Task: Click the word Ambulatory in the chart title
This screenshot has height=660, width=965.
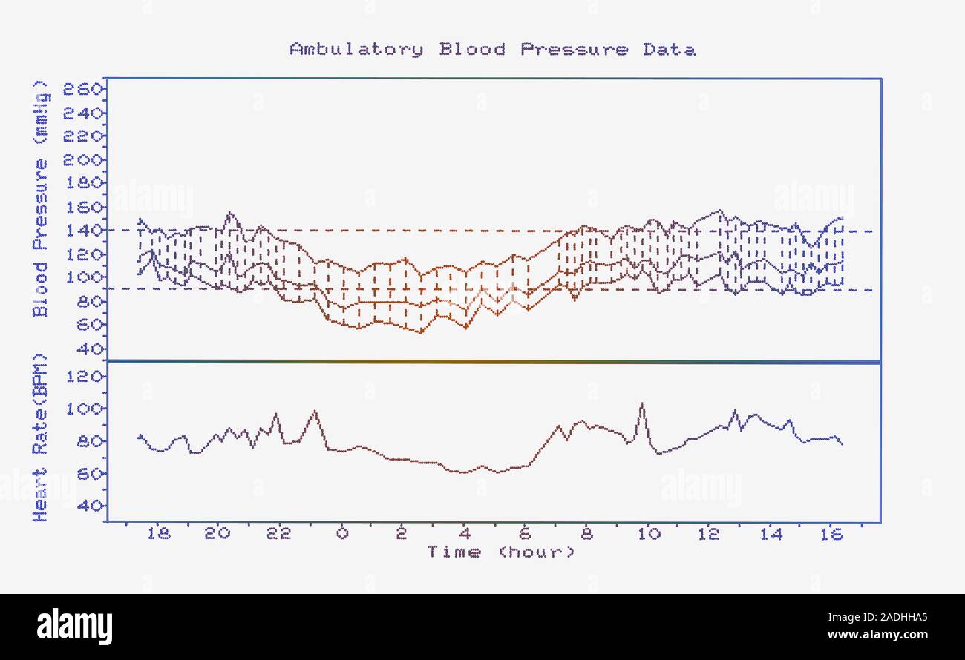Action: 356,50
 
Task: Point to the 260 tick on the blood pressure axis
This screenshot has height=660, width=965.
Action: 83,90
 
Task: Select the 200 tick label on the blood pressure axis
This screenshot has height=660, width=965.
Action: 83,160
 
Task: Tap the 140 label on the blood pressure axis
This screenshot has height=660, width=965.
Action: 83,231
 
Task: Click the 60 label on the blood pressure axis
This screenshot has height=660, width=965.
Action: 89,324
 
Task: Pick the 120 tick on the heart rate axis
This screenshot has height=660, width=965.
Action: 83,377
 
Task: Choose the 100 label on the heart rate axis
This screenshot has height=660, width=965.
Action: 83,409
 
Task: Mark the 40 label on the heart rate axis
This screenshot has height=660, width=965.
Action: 89,506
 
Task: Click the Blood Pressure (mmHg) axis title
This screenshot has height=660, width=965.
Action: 41,199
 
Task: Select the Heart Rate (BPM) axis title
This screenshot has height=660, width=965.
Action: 41,438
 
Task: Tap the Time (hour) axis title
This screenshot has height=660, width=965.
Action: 500,552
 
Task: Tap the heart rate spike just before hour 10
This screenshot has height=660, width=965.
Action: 642,405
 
